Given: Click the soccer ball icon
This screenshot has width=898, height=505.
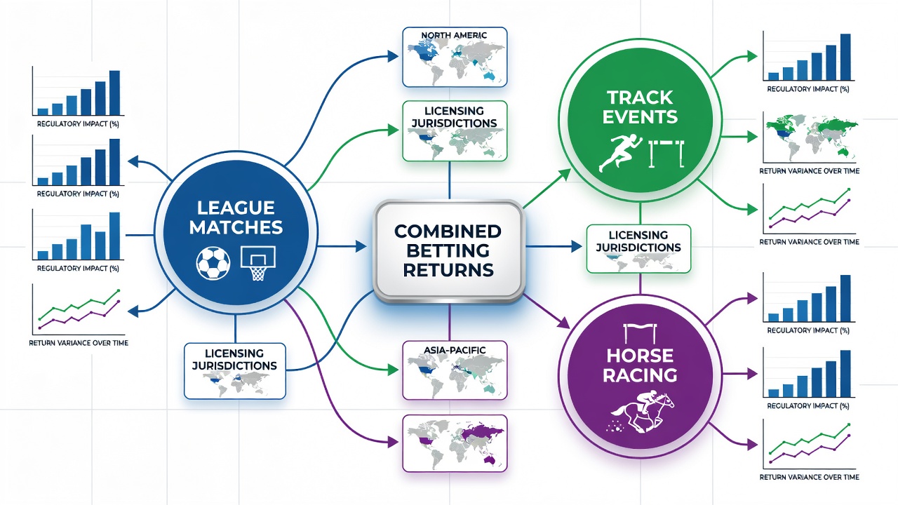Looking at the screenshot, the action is click(213, 263).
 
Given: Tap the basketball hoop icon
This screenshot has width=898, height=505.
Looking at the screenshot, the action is click(257, 263).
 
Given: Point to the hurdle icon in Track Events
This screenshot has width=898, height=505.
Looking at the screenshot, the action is click(666, 154).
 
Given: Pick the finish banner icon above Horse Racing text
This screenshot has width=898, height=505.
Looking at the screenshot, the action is click(641, 332).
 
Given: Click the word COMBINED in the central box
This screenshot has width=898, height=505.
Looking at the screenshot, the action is click(448, 231).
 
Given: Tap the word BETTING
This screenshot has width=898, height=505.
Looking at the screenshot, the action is click(448, 250).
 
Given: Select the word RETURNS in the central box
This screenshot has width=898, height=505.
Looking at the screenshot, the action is click(448, 270).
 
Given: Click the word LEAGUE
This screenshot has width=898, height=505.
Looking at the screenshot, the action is click(236, 208).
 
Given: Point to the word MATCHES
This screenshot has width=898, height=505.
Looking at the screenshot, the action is click(236, 227).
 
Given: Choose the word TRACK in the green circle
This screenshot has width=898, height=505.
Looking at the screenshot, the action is click(640, 97).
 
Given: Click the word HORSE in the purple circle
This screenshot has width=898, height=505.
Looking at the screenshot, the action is click(640, 356).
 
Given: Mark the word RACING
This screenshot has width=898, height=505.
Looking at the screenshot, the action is click(640, 375).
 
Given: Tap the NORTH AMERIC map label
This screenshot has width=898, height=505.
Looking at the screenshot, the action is click(454, 35).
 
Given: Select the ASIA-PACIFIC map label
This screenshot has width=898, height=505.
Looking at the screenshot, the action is click(454, 350).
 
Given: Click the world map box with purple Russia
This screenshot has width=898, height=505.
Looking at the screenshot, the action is click(455, 444).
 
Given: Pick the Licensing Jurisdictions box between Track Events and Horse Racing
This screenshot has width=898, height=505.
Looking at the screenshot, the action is click(638, 249).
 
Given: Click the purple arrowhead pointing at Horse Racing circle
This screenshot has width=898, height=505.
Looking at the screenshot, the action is click(564, 323).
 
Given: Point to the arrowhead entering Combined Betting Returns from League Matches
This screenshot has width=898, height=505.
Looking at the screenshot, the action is click(361, 246).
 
